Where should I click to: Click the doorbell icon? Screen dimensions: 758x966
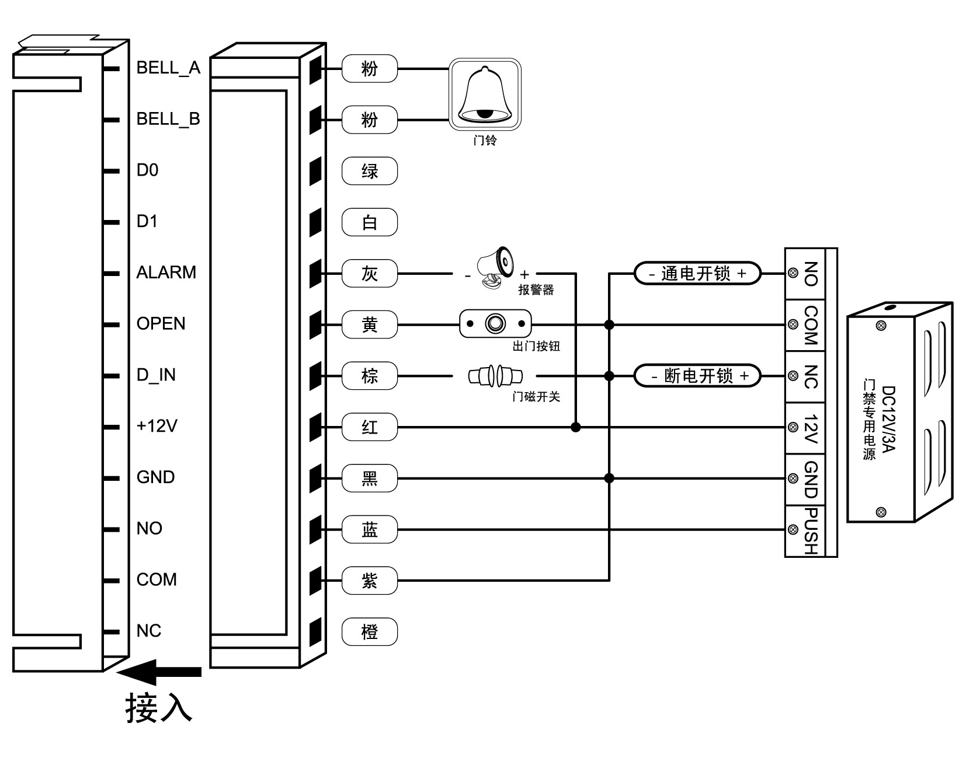click(x=484, y=94)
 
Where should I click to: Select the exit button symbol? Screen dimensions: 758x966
click(x=495, y=323)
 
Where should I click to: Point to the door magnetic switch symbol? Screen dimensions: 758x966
click(x=495, y=376)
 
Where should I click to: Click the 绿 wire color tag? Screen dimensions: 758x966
click(x=369, y=171)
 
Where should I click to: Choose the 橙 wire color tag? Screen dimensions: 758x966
click(x=369, y=631)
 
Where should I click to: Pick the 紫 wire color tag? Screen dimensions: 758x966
click(x=369, y=581)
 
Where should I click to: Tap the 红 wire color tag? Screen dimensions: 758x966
click(x=369, y=427)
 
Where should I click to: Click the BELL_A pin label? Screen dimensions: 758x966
click(x=168, y=68)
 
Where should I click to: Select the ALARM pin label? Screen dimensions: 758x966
click(x=166, y=273)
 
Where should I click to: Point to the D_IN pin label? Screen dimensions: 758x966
click(x=156, y=375)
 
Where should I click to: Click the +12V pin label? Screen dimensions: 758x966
click(x=157, y=426)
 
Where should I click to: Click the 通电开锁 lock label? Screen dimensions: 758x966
click(x=697, y=273)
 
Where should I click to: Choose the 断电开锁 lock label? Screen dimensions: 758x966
click(x=697, y=376)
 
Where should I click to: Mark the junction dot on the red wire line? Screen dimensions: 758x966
click(x=576, y=427)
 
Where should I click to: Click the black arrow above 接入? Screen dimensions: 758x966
click(x=159, y=672)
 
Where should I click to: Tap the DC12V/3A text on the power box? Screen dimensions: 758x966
click(x=888, y=418)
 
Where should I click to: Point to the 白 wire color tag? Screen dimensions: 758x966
click(x=369, y=222)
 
